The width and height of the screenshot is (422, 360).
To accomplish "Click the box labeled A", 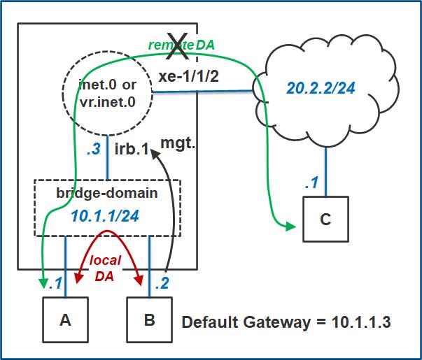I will [65, 320].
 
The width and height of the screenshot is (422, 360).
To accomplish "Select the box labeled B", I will [148, 320].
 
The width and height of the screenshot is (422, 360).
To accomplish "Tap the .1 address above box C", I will [312, 183].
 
